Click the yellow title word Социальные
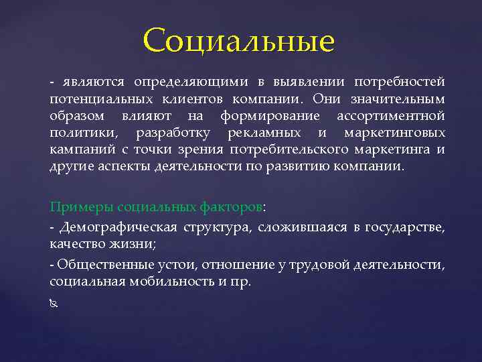click(x=238, y=41)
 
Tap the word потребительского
click(x=304, y=149)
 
